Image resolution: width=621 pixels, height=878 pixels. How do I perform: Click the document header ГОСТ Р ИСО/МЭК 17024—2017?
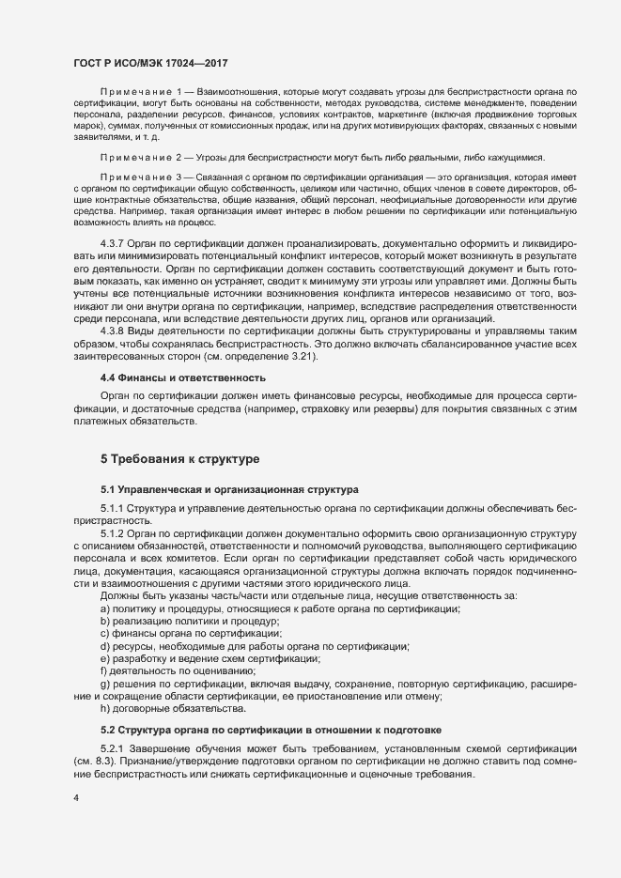151,62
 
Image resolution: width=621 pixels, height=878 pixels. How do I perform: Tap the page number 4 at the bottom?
76,798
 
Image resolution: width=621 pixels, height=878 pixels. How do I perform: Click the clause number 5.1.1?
113,508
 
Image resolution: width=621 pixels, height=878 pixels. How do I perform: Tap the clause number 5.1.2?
113,533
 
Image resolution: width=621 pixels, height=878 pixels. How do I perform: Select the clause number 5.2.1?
113,748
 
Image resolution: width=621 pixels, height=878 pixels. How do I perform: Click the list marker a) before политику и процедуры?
104,608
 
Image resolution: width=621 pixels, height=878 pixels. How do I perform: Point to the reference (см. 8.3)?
93,761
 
